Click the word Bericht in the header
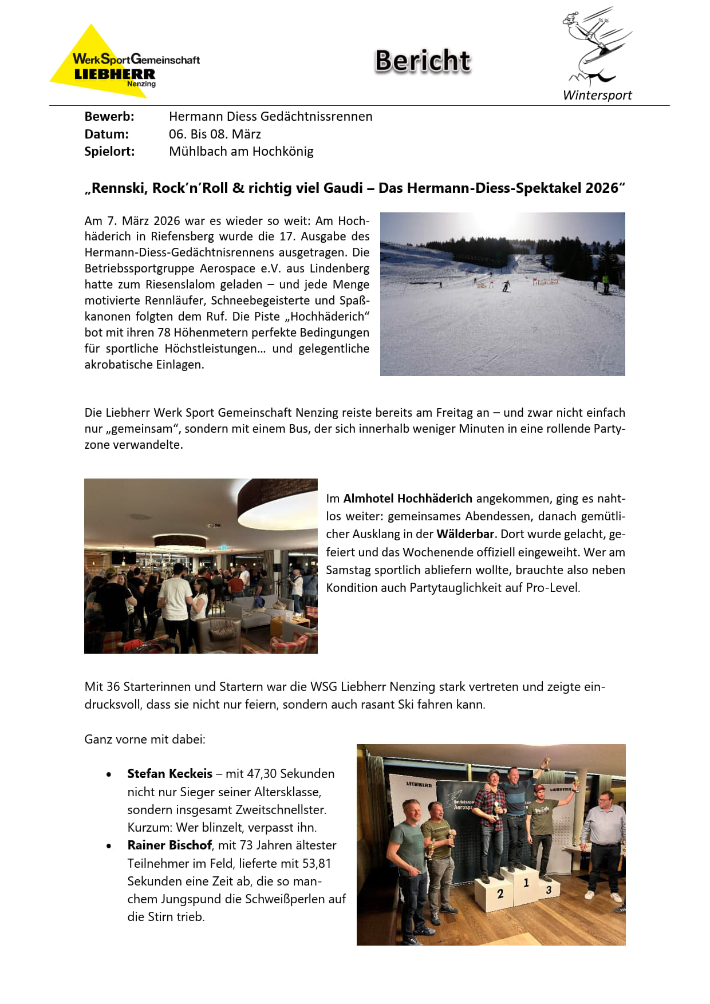[x=423, y=61]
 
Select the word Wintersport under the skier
[x=597, y=95]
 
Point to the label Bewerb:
[x=109, y=116]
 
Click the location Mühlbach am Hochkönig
[x=241, y=151]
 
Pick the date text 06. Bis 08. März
[x=215, y=134]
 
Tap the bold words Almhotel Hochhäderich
[x=408, y=498]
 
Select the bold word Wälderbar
[x=465, y=533]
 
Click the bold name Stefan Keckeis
[x=169, y=773]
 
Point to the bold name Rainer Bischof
[x=169, y=845]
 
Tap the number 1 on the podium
[x=526, y=883]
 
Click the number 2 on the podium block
[x=500, y=894]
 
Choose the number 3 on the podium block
[x=549, y=890]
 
